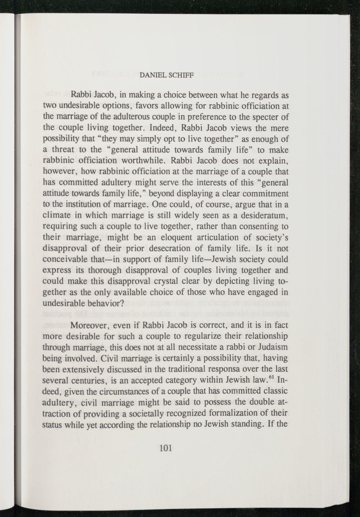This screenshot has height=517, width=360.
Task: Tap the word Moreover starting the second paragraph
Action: [x=89, y=325]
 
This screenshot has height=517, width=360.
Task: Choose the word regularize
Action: [x=196, y=337]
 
